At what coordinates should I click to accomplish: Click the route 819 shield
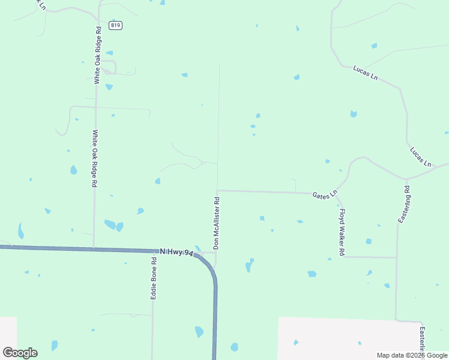tap(116, 25)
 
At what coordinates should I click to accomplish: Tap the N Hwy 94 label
tap(176, 253)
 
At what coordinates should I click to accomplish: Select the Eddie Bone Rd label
tap(154, 278)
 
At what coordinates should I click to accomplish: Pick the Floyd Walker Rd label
tap(342, 232)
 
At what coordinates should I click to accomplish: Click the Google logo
tap(20, 353)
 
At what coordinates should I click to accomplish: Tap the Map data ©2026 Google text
tap(412, 355)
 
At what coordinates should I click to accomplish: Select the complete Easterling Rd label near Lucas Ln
tap(404, 205)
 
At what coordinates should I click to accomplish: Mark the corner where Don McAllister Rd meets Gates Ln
tap(217, 191)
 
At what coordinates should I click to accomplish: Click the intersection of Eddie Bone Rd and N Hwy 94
tap(152, 250)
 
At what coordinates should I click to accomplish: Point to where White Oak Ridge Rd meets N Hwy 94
tap(94, 248)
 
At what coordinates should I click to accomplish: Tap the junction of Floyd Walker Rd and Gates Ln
tap(335, 193)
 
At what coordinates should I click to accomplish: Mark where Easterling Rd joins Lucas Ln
tap(406, 179)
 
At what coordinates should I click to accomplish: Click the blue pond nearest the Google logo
tap(55, 346)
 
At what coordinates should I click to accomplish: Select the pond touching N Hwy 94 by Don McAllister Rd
tap(197, 248)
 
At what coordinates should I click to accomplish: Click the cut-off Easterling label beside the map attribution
tap(423, 340)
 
